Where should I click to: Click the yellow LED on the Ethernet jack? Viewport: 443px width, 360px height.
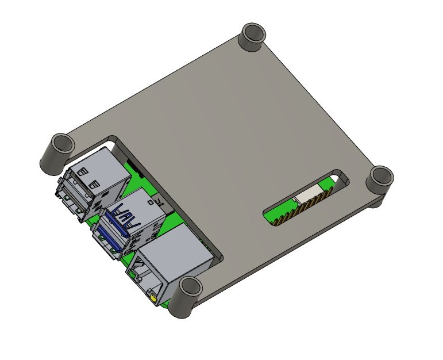pos(153,298)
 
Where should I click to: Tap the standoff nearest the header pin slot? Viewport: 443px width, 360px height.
pos(380,182)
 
